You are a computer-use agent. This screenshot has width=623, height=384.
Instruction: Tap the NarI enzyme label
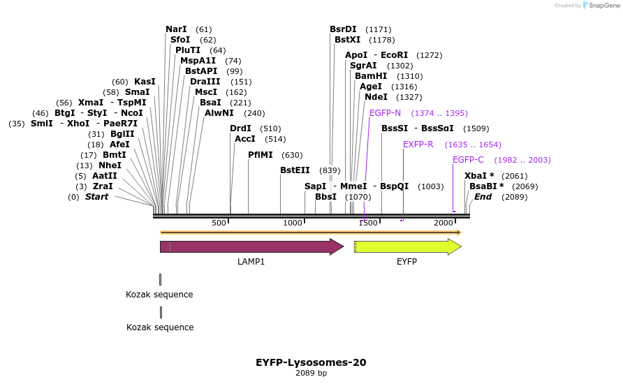tap(176, 29)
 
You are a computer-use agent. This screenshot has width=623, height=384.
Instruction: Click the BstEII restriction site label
tap(295, 170)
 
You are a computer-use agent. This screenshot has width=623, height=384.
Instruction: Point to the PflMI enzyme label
tap(261, 155)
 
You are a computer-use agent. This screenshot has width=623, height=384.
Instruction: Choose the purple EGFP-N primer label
tap(385, 113)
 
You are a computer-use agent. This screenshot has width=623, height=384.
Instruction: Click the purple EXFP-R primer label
tap(418, 145)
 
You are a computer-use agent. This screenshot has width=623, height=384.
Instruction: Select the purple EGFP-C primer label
tap(468, 160)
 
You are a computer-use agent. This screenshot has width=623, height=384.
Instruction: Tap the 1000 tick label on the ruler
tap(293, 223)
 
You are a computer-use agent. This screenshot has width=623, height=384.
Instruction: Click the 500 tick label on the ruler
tap(219, 223)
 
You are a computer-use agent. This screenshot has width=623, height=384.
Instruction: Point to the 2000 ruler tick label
tap(444, 223)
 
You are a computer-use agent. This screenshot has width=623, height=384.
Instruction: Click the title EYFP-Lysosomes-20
tap(311, 362)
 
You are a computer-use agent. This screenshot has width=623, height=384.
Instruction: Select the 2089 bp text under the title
tap(311, 374)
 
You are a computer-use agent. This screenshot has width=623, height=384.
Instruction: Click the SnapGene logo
tap(601, 6)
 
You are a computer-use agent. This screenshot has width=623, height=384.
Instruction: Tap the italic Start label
tap(96, 197)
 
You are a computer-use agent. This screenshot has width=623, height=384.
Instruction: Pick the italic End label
tap(483, 197)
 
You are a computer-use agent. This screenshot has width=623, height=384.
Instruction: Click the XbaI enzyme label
tap(476, 176)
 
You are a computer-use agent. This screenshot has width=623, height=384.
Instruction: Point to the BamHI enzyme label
tap(370, 76)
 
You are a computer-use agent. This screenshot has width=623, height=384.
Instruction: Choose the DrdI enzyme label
tap(240, 128)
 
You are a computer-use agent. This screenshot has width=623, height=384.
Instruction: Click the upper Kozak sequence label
tap(159, 295)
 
